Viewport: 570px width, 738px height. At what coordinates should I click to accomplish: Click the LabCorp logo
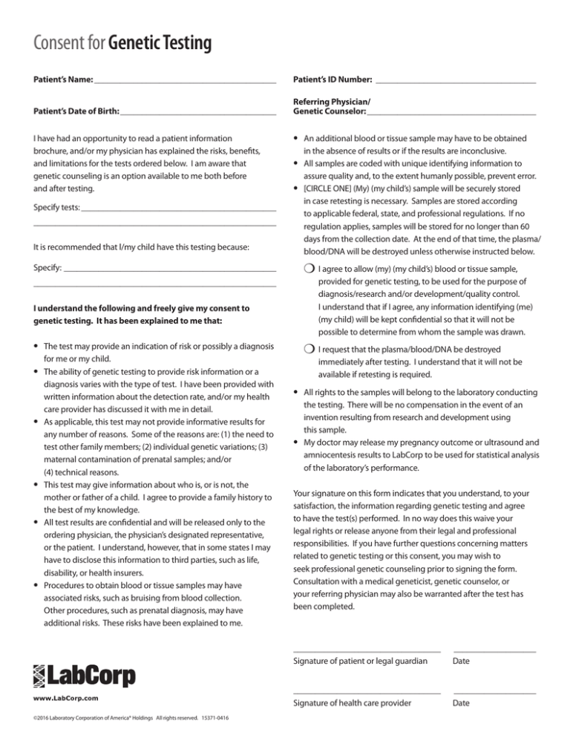pos(84,675)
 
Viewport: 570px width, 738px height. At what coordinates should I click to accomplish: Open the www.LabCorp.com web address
pos(67,699)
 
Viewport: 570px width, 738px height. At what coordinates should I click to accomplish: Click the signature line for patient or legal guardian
pos(367,651)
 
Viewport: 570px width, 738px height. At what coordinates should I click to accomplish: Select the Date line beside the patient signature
pos(494,651)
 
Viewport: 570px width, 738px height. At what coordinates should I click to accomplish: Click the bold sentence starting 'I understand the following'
pos(141,314)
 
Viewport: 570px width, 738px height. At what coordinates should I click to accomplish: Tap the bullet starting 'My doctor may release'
pos(419,455)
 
